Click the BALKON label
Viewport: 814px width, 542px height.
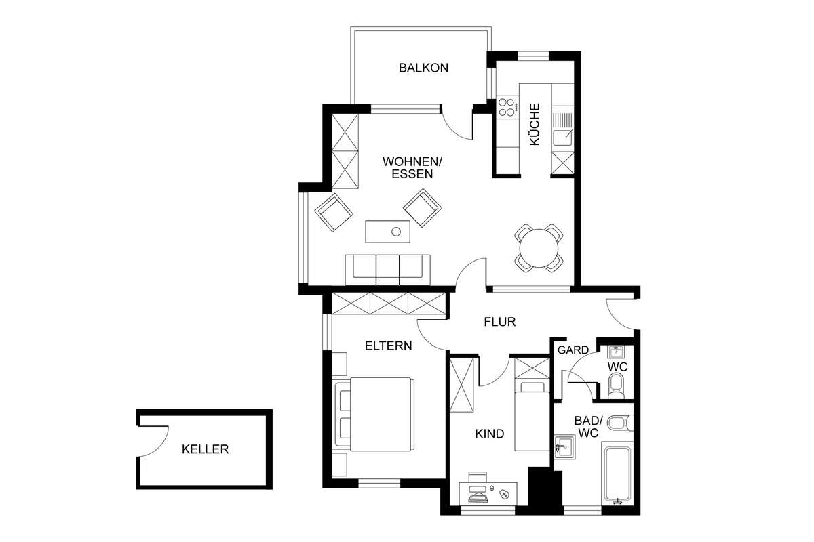pos(423,68)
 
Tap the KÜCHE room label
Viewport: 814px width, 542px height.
pos(535,125)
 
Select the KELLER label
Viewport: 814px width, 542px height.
pos(205,449)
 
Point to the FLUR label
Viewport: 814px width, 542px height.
pos(500,322)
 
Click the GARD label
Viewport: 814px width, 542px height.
pos(573,350)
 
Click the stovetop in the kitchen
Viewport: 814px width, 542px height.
pos(507,107)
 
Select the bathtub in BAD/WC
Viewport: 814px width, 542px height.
pos(617,474)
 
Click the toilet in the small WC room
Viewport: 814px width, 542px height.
pos(615,386)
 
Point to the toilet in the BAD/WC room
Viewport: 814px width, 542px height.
pos(621,423)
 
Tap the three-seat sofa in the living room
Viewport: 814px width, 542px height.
pos(387,270)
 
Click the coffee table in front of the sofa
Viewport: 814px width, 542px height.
pos(388,231)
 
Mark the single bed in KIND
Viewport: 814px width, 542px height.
pos(532,416)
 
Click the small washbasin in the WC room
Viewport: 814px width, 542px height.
pos(616,352)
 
